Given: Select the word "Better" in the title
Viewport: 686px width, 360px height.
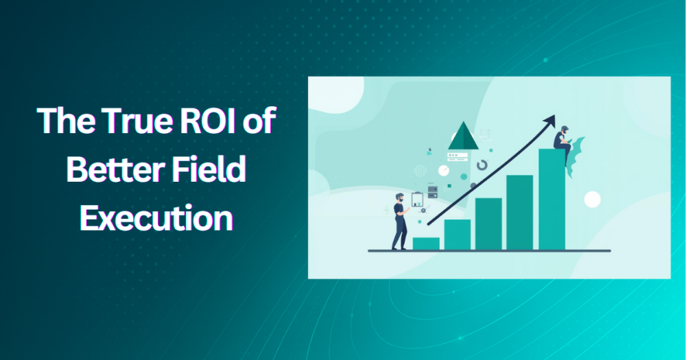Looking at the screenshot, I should (x=108, y=170).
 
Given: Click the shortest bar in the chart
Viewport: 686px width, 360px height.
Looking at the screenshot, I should (x=426, y=243).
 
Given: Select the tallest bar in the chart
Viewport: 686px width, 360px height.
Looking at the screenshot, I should (x=552, y=199).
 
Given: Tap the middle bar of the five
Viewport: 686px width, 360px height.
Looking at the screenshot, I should (x=488, y=224).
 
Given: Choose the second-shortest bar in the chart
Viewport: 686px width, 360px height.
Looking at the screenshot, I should (x=457, y=235).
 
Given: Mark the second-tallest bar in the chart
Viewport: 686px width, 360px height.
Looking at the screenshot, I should (x=520, y=213).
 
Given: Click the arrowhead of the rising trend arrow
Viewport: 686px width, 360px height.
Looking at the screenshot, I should (x=549, y=121).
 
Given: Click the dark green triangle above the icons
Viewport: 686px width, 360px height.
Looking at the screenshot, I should (x=462, y=135).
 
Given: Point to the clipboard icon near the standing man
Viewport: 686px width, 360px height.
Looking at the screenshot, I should (x=417, y=200).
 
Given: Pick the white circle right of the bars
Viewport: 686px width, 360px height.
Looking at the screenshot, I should (x=592, y=200).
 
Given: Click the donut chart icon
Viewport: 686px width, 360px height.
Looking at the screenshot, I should (x=482, y=165).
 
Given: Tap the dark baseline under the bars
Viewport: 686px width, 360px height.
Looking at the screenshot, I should (x=488, y=251).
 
